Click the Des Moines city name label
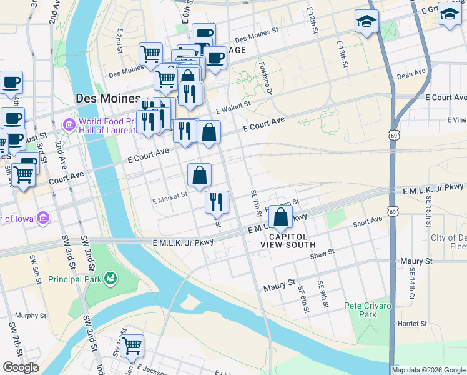[107, 99]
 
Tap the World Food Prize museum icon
[69, 125]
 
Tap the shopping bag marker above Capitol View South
[281, 217]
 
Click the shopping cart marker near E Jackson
[132, 345]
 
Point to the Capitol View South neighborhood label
[293, 241]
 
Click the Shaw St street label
[323, 252]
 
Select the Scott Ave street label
[367, 222]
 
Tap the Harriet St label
[411, 324]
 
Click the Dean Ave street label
[411, 75]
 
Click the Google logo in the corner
[20, 367]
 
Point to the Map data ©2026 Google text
[428, 370]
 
